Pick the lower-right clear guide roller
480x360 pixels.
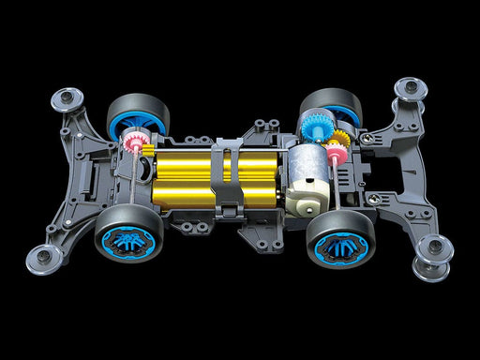434,249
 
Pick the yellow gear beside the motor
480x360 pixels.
338,150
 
